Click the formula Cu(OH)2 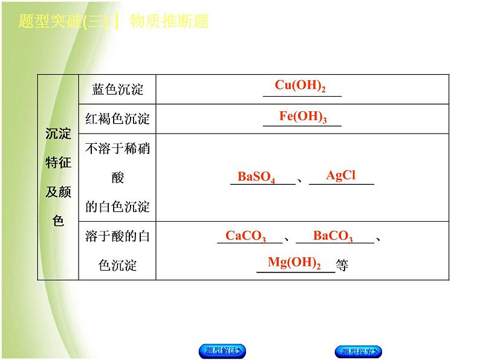click(300, 86)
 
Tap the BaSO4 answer click(256, 177)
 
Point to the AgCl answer click(341, 176)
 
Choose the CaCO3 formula click(245, 236)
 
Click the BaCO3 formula click(333, 236)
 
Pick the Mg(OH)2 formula click(294, 263)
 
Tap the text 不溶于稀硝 click(117, 149)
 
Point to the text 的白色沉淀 click(117, 207)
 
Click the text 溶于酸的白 click(117, 236)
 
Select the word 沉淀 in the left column click(58, 134)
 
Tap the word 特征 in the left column click(58, 162)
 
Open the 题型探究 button click(358, 352)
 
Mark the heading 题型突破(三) click(63, 22)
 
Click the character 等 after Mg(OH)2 click(342, 266)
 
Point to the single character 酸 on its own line click(117, 178)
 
